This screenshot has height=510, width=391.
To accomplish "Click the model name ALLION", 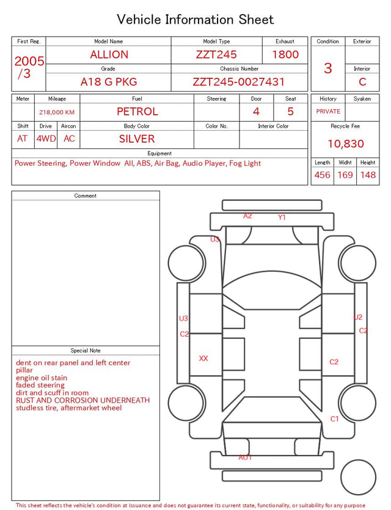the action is pyautogui.click(x=109, y=54).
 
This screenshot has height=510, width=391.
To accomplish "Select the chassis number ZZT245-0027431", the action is pyautogui.click(x=239, y=82).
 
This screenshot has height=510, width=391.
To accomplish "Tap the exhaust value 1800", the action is pyautogui.click(x=285, y=54).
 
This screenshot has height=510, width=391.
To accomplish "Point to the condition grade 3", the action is pyautogui.click(x=328, y=68).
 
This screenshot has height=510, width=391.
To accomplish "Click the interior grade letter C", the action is pyautogui.click(x=362, y=82).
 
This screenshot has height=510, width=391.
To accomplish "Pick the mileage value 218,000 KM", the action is pyautogui.click(x=57, y=112).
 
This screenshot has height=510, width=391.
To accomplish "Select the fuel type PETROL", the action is pyautogui.click(x=137, y=112).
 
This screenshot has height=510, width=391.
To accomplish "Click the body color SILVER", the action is pyautogui.click(x=137, y=139).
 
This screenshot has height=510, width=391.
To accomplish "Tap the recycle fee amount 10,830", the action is pyautogui.click(x=345, y=144).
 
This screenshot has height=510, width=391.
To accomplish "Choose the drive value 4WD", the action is pyautogui.click(x=46, y=139).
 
